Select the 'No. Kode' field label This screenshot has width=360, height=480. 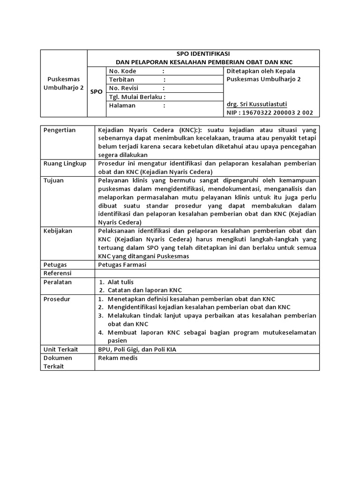(122, 71)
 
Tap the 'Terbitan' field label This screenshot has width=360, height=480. (121, 80)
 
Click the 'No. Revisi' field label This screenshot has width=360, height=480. (124, 88)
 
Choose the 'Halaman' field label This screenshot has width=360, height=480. (122, 105)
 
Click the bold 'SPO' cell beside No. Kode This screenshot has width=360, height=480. (96, 92)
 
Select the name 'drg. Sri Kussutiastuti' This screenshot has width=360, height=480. (256, 104)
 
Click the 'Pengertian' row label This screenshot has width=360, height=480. (60, 130)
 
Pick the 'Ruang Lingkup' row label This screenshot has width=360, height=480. (65, 164)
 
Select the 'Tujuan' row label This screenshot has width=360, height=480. (53, 180)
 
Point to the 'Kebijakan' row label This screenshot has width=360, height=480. (58, 231)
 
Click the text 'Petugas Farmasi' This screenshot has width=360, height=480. (122, 265)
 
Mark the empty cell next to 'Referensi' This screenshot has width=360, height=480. (206, 273)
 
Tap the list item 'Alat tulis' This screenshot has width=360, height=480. (120, 282)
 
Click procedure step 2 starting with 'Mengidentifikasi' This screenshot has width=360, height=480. (199, 307)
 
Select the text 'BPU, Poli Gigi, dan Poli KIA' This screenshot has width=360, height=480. (137, 349)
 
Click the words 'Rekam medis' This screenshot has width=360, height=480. (118, 358)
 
